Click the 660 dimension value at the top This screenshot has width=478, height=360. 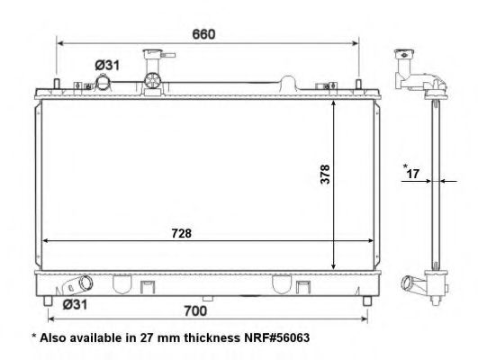click(x=204, y=34)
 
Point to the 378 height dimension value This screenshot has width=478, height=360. click(x=325, y=174)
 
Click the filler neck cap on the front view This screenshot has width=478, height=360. click(x=147, y=58)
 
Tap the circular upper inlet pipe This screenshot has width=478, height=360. click(x=104, y=83)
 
